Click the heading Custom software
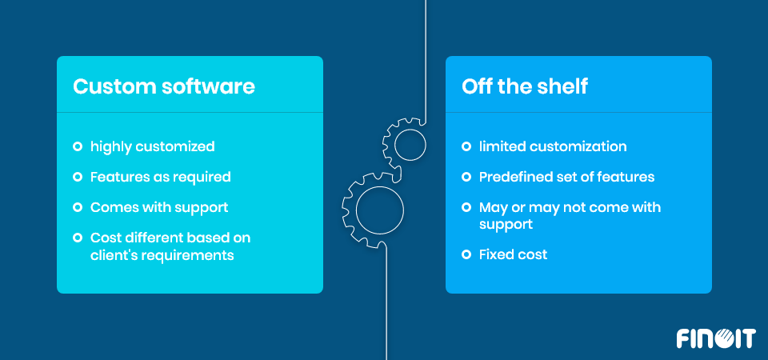[x=164, y=86]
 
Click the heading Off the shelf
[x=525, y=86]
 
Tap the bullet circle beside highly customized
[x=78, y=146]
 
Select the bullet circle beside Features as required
[x=78, y=177]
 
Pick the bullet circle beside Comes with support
[x=78, y=207]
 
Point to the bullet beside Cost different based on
[x=78, y=238]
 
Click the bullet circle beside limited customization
[x=466, y=146]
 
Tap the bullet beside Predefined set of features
[x=466, y=177]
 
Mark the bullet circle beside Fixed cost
[x=466, y=254]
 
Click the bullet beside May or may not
[x=466, y=207]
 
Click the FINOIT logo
[x=716, y=338]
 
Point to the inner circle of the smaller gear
[x=410, y=145]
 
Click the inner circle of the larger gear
[x=379, y=210]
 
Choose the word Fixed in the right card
[x=494, y=254]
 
